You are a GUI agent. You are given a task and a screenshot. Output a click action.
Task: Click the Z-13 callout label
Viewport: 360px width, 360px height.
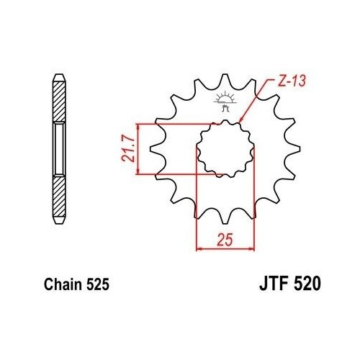[x=292, y=81]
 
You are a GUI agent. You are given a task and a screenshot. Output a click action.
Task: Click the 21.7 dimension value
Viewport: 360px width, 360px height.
[x=127, y=149]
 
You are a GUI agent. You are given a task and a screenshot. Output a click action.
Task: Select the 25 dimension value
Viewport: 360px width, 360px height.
[x=225, y=240]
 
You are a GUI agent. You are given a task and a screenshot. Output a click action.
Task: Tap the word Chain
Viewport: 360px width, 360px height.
[x=63, y=284]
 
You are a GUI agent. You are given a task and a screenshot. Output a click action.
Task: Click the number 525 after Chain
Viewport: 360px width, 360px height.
[x=98, y=284]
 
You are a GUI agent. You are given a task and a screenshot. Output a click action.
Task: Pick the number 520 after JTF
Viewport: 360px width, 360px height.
[x=307, y=284]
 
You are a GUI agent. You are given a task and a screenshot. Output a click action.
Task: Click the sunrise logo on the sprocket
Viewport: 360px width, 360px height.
[x=225, y=101]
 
